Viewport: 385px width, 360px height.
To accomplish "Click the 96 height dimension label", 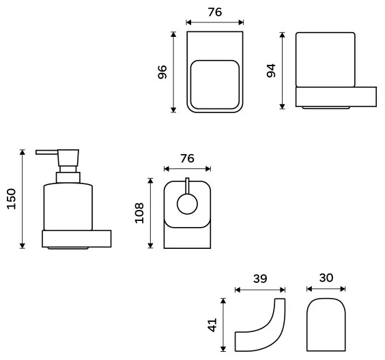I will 162,72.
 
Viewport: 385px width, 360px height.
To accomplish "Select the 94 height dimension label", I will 271,70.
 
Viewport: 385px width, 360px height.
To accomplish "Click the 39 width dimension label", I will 259,278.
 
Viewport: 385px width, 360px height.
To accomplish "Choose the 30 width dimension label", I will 326,278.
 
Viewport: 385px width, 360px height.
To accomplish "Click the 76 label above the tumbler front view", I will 214,13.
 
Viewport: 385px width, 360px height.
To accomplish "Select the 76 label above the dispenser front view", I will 186,158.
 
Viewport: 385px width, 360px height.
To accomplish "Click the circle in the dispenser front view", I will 187,203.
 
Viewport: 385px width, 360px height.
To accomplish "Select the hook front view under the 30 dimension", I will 326,325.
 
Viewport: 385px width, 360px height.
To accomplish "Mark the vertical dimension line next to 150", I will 24,198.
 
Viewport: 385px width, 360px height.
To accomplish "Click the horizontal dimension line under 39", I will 259,289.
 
